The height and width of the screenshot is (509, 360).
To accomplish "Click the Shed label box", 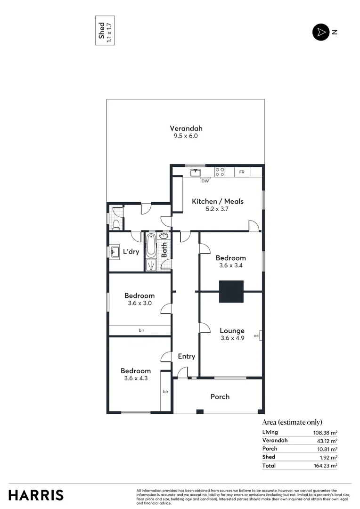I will coord(105,32).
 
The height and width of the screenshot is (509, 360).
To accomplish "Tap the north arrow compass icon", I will coord(320,32).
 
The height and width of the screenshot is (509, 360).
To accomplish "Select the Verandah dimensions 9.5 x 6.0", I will coord(186,136).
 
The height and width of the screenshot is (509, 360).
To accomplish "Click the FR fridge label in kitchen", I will coord(242,172).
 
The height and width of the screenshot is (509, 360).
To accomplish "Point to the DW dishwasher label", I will coord(205,181).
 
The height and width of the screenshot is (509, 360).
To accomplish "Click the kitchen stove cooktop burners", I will coord(220,172).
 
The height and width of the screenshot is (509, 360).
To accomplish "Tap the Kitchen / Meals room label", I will coord(217,201).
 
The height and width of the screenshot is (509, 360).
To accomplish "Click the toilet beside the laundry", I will coord(115,224).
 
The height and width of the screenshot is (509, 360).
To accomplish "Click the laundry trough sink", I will coord(114,253).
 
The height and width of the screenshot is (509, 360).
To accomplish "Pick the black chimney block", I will coord(231,291).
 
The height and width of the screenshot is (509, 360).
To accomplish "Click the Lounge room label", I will coord(232,331).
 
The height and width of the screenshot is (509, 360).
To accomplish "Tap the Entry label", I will coord(186,356).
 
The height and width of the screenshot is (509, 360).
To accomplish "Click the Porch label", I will coord(220,396).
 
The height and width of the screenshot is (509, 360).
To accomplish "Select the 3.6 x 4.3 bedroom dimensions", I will coord(136,378).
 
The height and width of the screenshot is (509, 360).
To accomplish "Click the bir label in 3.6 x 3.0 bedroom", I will coord(141,330).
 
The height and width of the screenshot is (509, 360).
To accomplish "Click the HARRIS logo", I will coord(36,495).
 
